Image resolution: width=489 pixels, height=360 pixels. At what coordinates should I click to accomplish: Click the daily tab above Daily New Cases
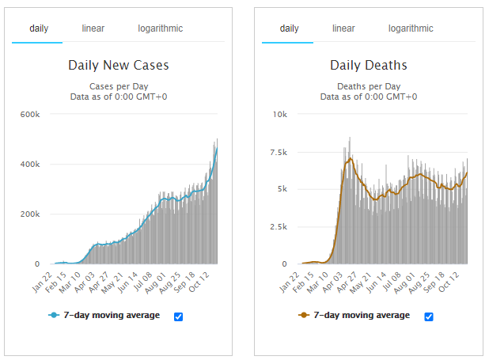39,28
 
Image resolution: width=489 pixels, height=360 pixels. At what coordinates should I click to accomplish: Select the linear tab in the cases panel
93,28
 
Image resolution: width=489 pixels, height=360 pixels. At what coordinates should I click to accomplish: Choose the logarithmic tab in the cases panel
160,28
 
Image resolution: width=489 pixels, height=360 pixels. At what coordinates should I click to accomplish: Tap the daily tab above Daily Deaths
289,28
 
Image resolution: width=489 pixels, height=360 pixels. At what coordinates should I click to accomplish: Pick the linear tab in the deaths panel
343,28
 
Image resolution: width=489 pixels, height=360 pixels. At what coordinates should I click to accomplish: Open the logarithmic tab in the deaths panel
411,28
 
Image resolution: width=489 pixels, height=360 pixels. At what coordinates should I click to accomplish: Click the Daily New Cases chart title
119,65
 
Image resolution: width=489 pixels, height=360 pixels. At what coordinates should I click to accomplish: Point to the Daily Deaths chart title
369,65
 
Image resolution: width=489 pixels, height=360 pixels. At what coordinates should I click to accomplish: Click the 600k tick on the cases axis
29,114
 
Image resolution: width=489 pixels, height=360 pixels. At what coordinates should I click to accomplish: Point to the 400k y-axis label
29,164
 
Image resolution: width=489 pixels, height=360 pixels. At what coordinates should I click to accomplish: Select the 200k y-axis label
29,214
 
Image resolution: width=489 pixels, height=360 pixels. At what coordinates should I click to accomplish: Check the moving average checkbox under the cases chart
178,316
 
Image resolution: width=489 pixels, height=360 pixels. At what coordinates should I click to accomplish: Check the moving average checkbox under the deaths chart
429,316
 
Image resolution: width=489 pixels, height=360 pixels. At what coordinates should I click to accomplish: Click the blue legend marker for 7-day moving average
54,316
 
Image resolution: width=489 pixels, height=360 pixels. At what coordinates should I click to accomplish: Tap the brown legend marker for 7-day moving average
304,316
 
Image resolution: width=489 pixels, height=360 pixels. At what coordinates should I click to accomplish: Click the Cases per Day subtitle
119,85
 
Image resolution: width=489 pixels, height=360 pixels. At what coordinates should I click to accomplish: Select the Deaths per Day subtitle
369,85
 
